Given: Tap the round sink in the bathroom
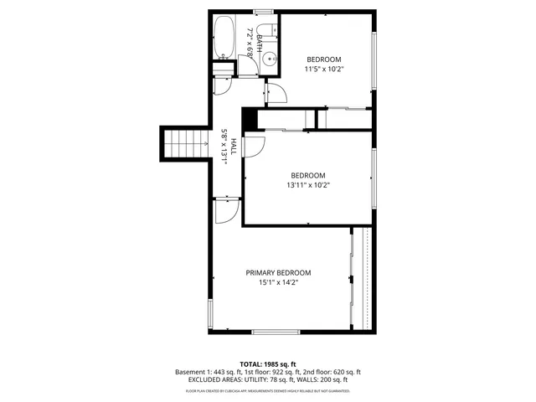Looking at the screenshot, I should [x=270, y=59].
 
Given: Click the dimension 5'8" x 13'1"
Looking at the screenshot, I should [x=224, y=147].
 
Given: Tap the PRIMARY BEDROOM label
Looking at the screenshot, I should [x=278, y=272].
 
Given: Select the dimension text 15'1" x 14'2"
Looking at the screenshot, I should [x=278, y=283].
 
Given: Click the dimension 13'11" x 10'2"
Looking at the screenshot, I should [x=308, y=185].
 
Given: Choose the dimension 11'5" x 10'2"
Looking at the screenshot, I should [x=324, y=70].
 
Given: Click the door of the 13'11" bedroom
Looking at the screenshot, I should [x=254, y=147].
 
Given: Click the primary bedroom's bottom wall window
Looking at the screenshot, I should [x=276, y=332].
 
